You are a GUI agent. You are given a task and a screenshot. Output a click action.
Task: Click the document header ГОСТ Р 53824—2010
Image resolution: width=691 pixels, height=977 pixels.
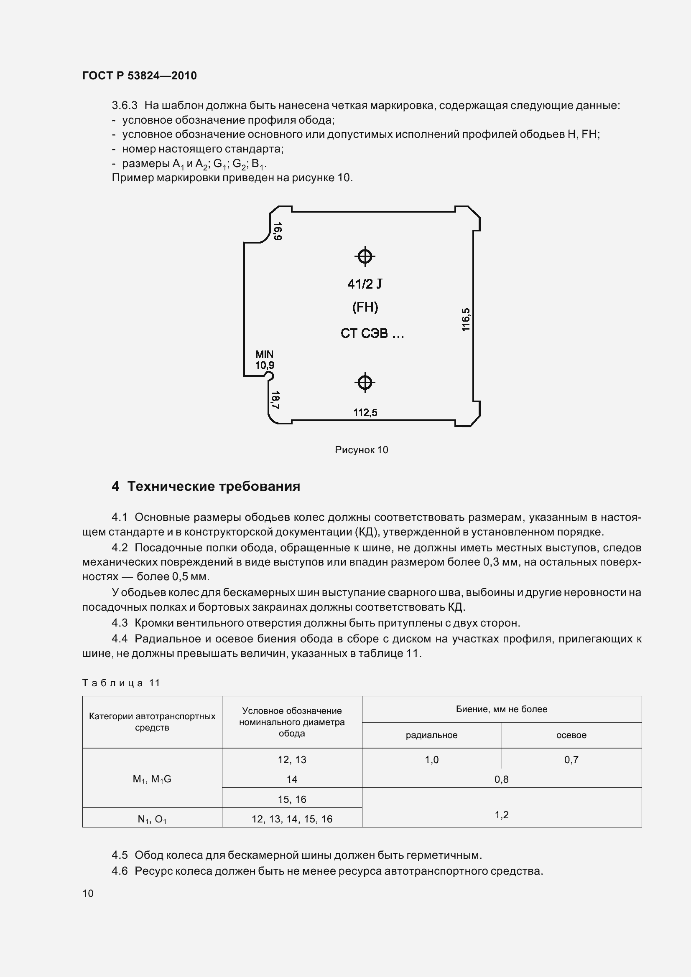point(139,76)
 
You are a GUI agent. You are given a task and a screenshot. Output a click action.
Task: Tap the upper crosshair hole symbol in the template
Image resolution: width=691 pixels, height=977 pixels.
point(365,256)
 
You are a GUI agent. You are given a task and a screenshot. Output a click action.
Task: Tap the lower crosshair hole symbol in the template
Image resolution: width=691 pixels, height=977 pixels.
point(365,383)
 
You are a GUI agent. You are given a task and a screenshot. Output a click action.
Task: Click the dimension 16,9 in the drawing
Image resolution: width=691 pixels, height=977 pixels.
point(278,231)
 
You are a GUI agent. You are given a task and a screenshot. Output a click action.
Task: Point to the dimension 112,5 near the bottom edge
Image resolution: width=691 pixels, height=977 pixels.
point(365,412)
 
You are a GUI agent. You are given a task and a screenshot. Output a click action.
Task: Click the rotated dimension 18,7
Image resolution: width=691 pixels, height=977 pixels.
point(275,400)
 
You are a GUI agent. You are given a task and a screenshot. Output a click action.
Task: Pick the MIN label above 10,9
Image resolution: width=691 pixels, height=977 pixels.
point(264,354)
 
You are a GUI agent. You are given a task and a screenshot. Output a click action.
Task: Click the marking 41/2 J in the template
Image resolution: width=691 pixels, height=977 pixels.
point(365,284)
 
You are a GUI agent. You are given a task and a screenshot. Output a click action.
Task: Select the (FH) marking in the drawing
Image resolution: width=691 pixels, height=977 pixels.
point(365,307)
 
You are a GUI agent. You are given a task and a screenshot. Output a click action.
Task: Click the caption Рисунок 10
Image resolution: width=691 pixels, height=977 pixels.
point(362,450)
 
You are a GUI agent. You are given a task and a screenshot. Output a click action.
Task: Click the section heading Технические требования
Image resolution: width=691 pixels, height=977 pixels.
point(214,486)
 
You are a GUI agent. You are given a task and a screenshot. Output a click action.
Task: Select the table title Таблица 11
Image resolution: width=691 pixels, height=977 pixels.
point(121,683)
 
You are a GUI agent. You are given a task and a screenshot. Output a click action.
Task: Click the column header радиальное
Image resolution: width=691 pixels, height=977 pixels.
point(431,735)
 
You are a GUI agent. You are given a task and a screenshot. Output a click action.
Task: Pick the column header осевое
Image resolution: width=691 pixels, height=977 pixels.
point(571,735)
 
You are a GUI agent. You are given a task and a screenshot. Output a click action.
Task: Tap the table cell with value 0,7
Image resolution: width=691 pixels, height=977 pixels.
point(571,759)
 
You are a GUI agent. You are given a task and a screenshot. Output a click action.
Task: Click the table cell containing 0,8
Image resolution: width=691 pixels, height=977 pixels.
point(502,779)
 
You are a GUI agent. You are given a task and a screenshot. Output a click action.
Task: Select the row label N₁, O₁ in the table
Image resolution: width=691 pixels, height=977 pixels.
point(152,819)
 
